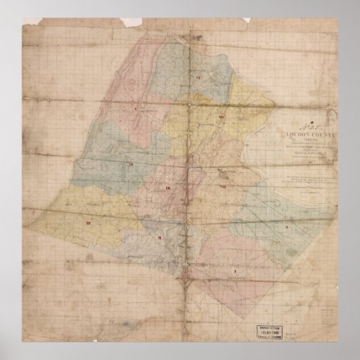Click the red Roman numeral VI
click(x=197, y=79)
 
